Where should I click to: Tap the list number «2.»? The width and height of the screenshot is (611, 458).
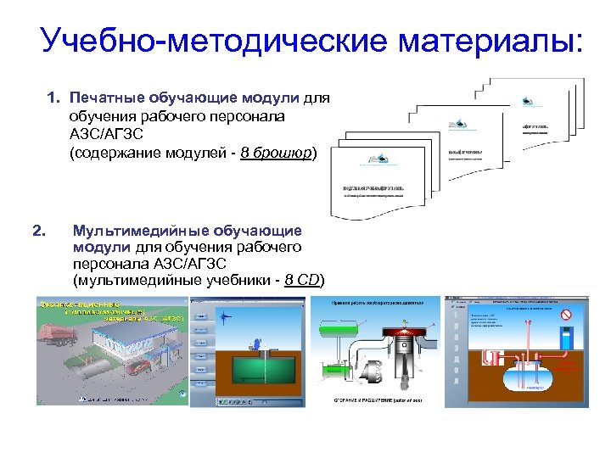(x=38, y=230)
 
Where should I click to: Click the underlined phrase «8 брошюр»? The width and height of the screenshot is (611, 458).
(x=277, y=154)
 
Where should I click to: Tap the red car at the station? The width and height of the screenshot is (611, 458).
(x=137, y=366)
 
